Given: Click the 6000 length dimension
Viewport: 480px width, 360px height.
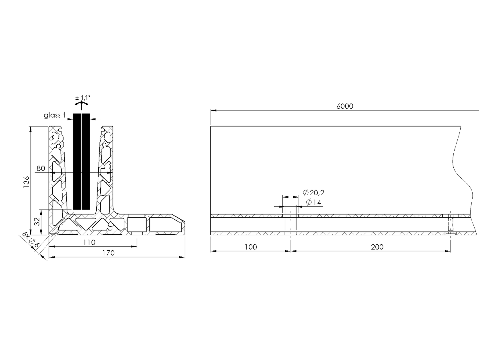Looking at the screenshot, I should pyautogui.click(x=345, y=106).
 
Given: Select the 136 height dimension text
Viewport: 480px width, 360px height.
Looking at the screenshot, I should pyautogui.click(x=26, y=182).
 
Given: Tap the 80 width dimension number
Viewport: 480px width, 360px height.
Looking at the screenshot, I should pyautogui.click(x=41, y=168).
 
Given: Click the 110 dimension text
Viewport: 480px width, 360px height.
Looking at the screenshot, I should pyautogui.click(x=89, y=242).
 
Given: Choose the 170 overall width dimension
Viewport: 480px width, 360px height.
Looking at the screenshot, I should pyautogui.click(x=108, y=253).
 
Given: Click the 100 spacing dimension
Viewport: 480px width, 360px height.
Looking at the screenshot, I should pyautogui.click(x=251, y=247).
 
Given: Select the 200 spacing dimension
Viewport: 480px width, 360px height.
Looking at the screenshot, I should pyautogui.click(x=377, y=247).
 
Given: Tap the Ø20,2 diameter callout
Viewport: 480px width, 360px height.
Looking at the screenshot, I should pyautogui.click(x=313, y=193).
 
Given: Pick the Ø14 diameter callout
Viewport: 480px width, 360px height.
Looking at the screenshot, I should pyautogui.click(x=313, y=203).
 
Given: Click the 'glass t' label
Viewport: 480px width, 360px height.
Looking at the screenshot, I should pyautogui.click(x=54, y=115).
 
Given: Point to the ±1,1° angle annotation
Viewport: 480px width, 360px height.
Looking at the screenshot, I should pyautogui.click(x=83, y=98).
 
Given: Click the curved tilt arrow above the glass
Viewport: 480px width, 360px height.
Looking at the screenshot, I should pyautogui.click(x=82, y=104).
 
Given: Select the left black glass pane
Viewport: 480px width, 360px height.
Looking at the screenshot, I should pyautogui.click(x=77, y=161).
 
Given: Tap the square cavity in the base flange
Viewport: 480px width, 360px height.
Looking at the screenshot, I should pyautogui.click(x=136, y=224).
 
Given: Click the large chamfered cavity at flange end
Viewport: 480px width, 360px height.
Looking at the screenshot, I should pyautogui.click(x=166, y=225).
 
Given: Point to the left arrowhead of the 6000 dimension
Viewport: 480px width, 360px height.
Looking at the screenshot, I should pyautogui.click(x=213, y=110).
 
